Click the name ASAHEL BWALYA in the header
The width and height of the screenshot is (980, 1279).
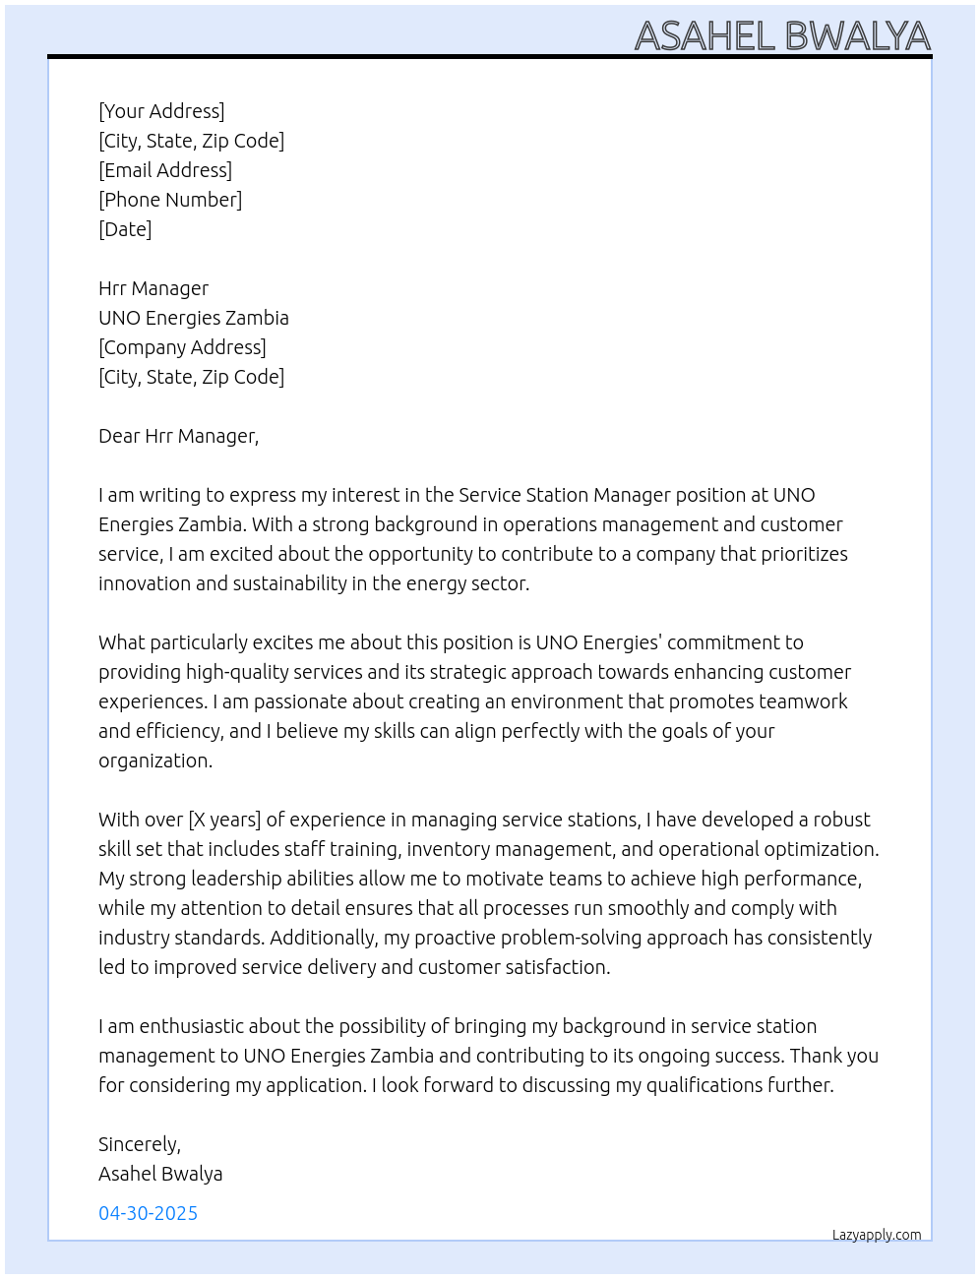782,36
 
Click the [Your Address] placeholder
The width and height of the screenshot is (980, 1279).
161,111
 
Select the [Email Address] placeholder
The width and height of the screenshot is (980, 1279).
165,170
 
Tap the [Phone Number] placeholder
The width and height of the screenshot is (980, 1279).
170,200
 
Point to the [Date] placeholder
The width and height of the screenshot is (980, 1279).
125,229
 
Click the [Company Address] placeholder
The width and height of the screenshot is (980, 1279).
182,347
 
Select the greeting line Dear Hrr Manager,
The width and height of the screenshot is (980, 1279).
178,436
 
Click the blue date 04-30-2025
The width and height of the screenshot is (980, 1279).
148,1213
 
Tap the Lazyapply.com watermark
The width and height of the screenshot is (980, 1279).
877,1235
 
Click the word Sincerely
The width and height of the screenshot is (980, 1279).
139,1144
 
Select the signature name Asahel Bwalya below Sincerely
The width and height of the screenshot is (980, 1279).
160,1174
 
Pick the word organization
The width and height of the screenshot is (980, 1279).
154,761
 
